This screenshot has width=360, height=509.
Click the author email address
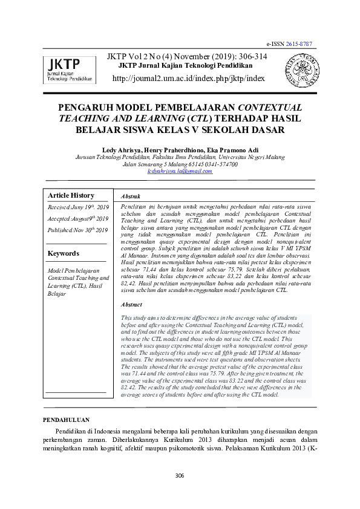180,171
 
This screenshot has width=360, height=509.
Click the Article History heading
71,195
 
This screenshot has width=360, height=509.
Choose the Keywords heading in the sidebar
63,253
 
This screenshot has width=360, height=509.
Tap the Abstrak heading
131,196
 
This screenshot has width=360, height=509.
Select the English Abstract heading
132,305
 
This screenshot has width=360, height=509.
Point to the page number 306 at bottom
180,476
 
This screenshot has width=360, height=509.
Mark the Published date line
77,230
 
